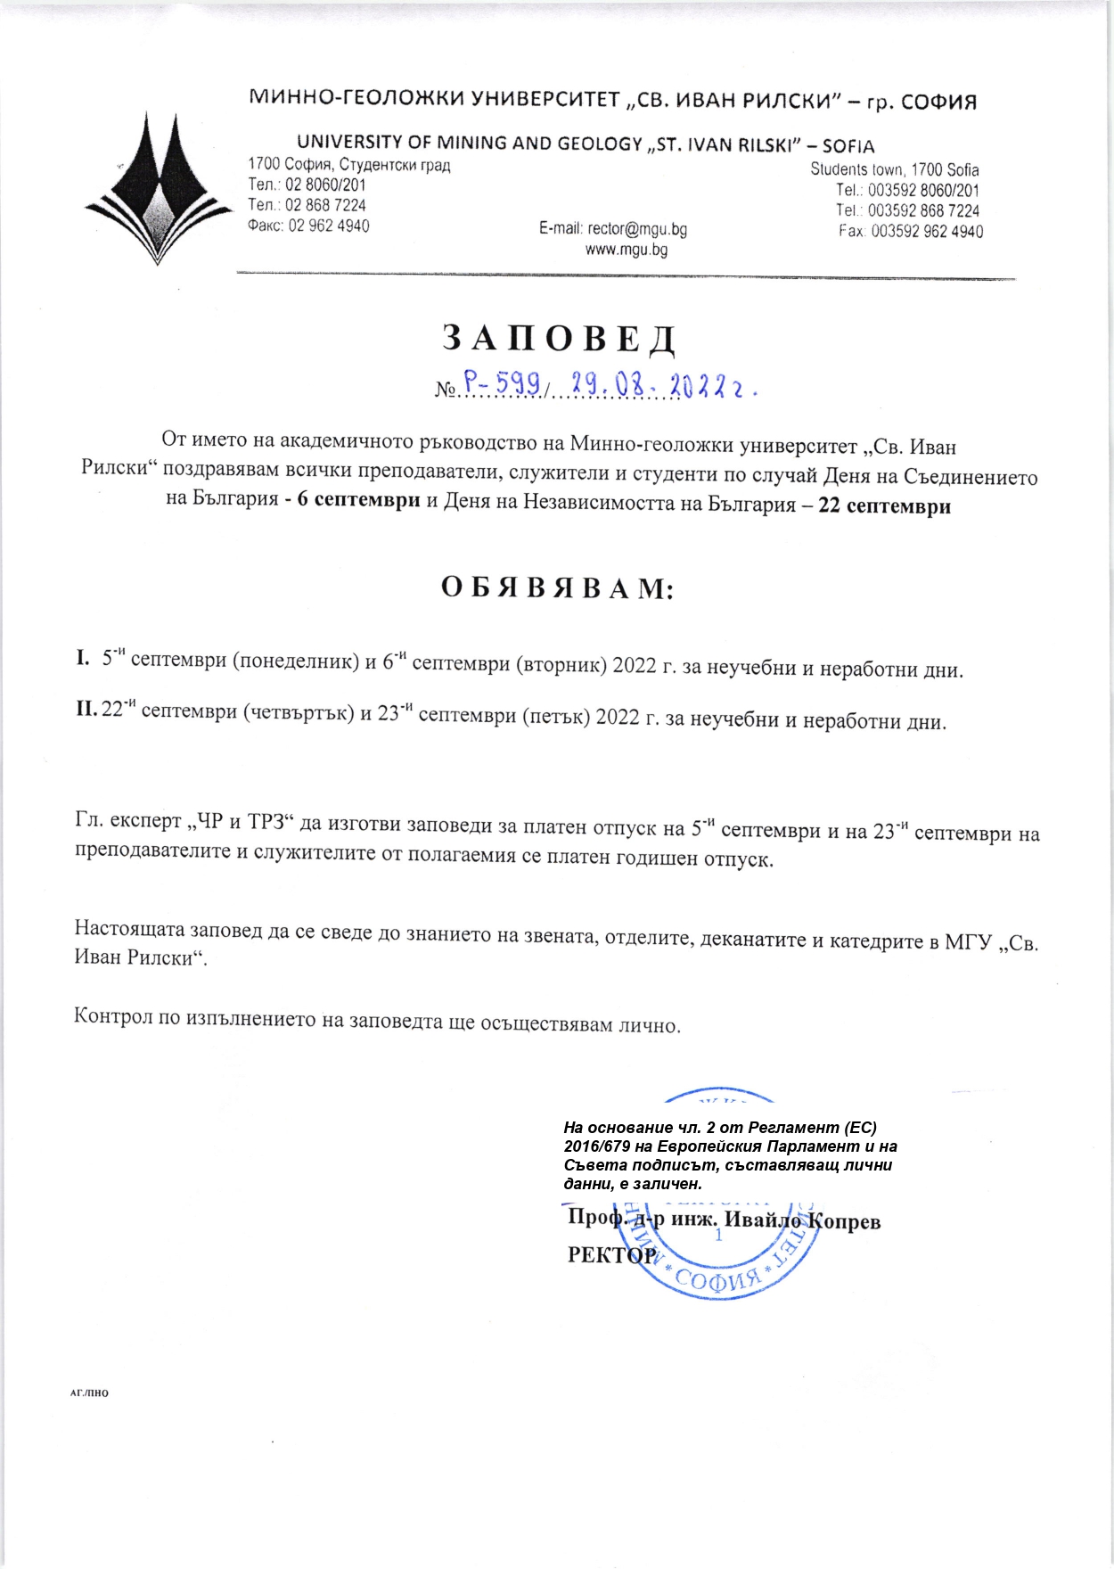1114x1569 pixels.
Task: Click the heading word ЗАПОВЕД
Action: click(x=558, y=338)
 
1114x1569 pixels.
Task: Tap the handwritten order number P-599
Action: click(x=502, y=383)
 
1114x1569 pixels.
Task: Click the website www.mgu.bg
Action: click(x=626, y=250)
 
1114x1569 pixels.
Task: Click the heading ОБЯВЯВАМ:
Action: click(x=558, y=588)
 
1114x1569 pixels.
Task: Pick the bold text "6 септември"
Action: click(x=358, y=499)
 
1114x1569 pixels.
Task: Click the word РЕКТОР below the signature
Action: click(x=612, y=1255)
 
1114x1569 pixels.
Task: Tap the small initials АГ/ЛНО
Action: click(x=89, y=1392)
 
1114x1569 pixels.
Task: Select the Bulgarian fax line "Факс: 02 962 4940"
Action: click(x=308, y=226)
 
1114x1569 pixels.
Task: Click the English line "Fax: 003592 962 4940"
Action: click(x=911, y=232)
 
